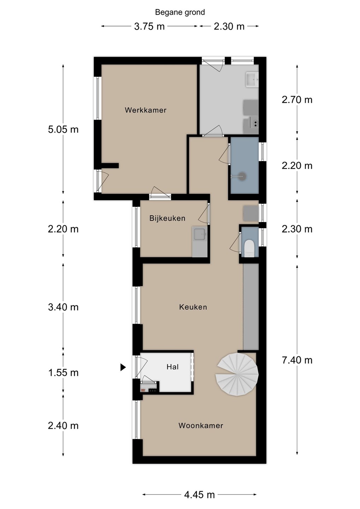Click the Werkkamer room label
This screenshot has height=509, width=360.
pyautogui.click(x=146, y=110)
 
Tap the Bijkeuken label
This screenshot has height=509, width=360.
pyautogui.click(x=167, y=218)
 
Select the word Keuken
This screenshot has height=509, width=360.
pyautogui.click(x=193, y=307)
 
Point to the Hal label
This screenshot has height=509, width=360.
pyautogui.click(x=173, y=367)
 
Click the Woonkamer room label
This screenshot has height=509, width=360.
pyautogui.click(x=201, y=425)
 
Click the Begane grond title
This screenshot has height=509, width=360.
pyautogui.click(x=180, y=12)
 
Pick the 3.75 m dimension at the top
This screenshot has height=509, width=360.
pyautogui.click(x=149, y=27)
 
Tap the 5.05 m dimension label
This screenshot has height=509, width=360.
pyautogui.click(x=63, y=129)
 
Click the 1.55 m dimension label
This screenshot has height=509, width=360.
pyautogui.click(x=63, y=373)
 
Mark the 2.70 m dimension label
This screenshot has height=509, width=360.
pyautogui.click(x=297, y=100)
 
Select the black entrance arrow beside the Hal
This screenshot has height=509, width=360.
pyautogui.click(x=123, y=367)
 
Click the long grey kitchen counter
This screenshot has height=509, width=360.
pyautogui.click(x=251, y=307)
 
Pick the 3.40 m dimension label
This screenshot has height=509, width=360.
pyautogui.click(x=63, y=307)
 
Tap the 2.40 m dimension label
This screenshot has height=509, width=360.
pyautogui.click(x=63, y=426)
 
